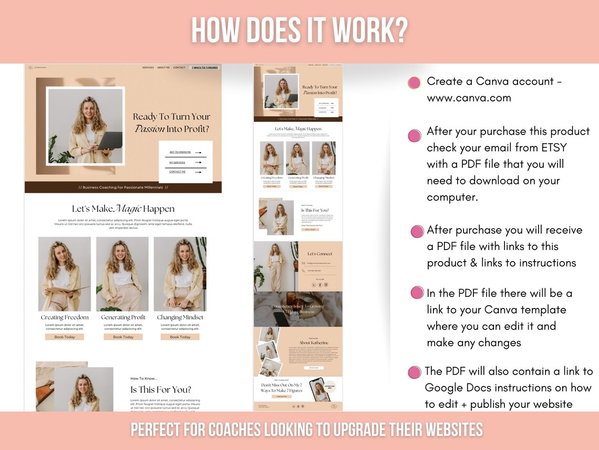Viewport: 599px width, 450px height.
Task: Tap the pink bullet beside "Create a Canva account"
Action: [414, 83]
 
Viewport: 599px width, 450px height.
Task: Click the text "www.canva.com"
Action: [469, 98]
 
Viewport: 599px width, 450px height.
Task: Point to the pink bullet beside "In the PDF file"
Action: [417, 293]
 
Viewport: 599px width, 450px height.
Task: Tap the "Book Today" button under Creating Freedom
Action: [65, 337]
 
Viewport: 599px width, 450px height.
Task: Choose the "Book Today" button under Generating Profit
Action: [123, 337]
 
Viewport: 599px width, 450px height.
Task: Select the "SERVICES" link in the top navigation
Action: [148, 67]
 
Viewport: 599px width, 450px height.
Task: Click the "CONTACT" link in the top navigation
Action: [179, 67]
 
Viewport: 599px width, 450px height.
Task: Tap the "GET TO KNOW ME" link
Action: [180, 152]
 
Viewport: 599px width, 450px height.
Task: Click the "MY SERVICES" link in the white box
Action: [177, 163]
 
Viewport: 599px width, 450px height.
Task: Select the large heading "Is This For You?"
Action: [160, 389]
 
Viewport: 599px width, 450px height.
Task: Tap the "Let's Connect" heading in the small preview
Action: [319, 254]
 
